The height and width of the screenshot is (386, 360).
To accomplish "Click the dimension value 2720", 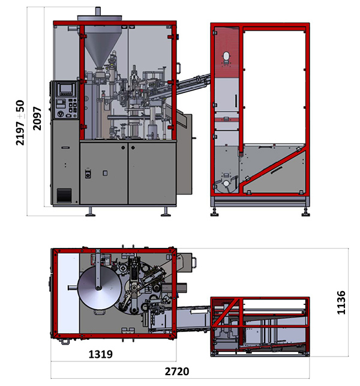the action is click(x=177, y=372).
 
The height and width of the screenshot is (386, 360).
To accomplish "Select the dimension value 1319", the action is click(x=101, y=354).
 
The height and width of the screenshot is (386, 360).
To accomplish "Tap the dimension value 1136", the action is click(x=341, y=303).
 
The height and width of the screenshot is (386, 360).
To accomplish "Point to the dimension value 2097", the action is click(x=37, y=118).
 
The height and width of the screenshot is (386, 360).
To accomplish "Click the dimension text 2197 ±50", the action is click(x=20, y=122).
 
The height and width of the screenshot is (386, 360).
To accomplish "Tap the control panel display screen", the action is click(x=66, y=88).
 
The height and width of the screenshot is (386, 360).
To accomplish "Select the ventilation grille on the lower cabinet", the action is click(x=64, y=195).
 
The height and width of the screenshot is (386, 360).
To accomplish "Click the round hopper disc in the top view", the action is click(x=100, y=288).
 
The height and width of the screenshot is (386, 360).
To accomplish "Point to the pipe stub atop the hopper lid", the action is click(x=98, y=11).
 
